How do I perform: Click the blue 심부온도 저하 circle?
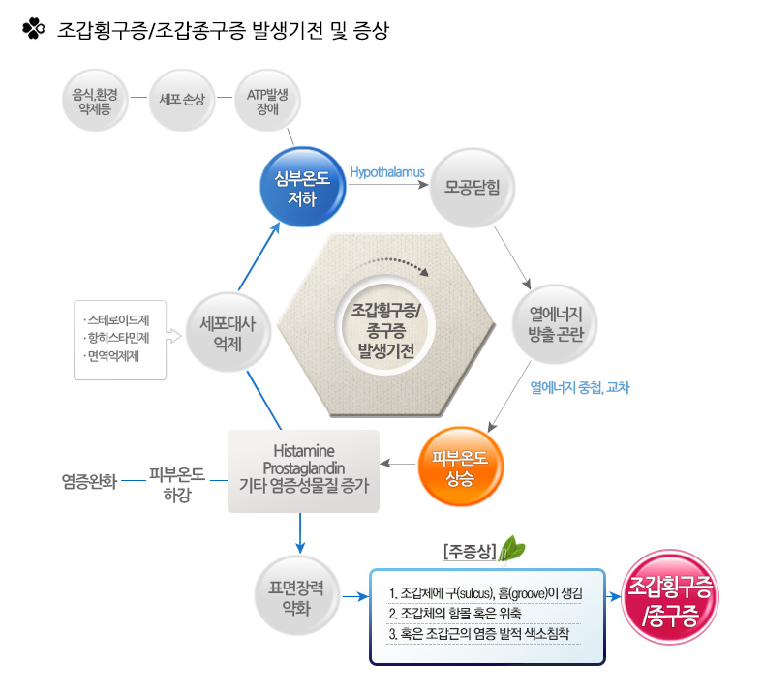[303, 187]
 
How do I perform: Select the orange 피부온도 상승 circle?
[460, 467]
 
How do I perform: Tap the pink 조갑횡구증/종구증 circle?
[671, 598]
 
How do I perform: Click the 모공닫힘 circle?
[472, 187]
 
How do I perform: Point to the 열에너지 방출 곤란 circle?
[555, 324]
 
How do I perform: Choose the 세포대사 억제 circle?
[228, 333]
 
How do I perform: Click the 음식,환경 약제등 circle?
[95, 101]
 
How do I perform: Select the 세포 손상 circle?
[182, 101]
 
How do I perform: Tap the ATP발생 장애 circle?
[267, 101]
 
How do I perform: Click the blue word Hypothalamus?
[387, 172]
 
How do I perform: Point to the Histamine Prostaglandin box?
[304, 470]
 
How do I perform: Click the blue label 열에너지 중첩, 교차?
[580, 387]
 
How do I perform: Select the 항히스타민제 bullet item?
[117, 338]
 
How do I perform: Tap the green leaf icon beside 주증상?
[512, 550]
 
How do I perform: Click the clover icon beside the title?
[34, 29]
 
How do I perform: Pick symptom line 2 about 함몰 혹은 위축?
[455, 614]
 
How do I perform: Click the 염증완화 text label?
[89, 481]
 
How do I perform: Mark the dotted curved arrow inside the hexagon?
[395, 265]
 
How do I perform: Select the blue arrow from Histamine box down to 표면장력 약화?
[300, 533]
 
